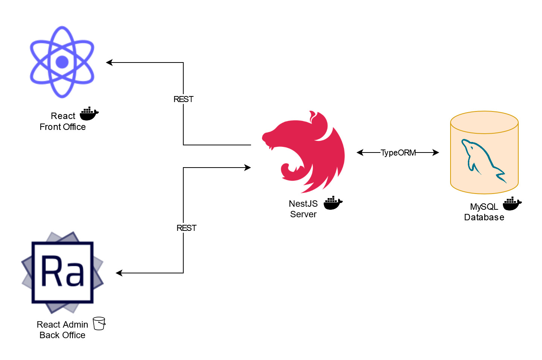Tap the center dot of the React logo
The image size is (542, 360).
pos(62,62)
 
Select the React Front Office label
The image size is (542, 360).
pos(63,121)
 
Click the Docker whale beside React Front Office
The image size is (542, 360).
pos(89,113)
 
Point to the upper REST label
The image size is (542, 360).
pos(183,99)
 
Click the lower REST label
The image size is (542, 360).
pos(186,228)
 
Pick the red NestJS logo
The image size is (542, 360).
pos(305,151)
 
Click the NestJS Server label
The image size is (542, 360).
pos(303,209)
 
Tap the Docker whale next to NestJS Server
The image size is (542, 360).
pos(333,203)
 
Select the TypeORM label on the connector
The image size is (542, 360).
pos(398,153)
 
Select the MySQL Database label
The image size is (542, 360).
pos(484,212)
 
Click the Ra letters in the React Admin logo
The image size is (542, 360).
pos(62,271)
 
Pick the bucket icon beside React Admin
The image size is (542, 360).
pos(99,323)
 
